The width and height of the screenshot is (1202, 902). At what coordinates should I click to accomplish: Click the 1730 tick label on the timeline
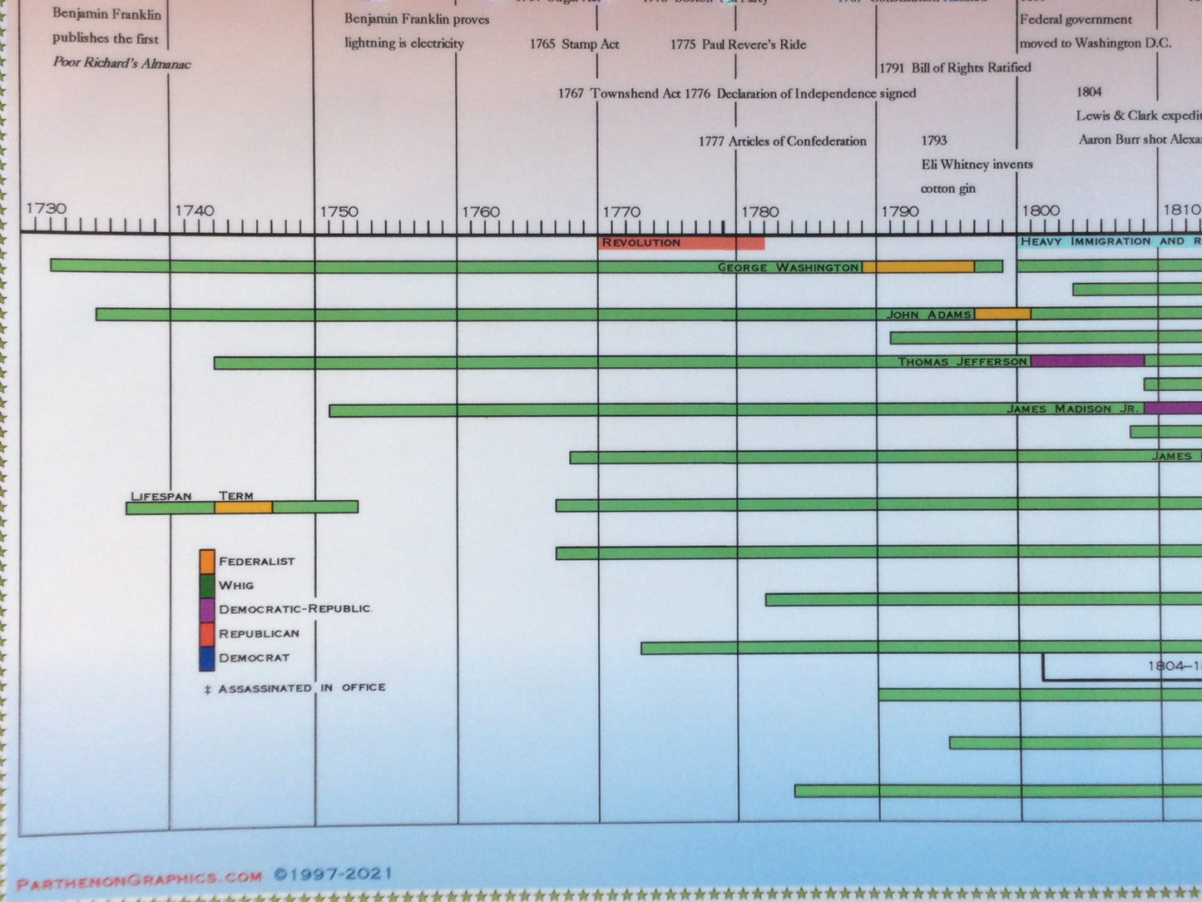pos(46,208)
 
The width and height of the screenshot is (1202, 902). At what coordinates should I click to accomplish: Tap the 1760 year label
pos(481,211)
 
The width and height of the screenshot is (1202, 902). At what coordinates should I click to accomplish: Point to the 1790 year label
pos(900,211)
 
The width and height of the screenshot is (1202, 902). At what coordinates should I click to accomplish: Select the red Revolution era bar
pos(680,243)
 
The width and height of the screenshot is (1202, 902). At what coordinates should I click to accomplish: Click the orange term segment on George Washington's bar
pos(918,267)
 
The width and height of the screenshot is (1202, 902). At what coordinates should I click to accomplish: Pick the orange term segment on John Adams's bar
pos(1002,314)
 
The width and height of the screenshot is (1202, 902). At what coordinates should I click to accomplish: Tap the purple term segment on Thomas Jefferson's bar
pos(1087,361)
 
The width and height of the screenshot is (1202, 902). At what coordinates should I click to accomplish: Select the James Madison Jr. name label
pos(1071,409)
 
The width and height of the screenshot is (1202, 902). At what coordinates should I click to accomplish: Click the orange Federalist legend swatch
pos(207,561)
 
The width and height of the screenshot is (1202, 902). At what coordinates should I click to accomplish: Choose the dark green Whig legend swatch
pos(207,585)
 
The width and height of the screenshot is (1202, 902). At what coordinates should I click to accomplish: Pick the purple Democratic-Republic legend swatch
pos(207,609)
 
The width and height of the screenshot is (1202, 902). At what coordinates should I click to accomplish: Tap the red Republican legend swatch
pos(207,633)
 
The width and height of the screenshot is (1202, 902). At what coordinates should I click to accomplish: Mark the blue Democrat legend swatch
pos(207,657)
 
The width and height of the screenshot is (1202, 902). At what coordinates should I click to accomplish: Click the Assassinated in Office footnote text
pos(295,688)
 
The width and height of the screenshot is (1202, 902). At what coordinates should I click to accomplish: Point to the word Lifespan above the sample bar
pos(161,496)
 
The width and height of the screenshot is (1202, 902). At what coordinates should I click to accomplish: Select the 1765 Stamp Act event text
pos(574,44)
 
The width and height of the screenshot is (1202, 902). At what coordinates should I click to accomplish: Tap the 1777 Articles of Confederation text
pos(782,141)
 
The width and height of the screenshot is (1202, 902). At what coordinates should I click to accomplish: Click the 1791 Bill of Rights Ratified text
pos(955,67)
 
